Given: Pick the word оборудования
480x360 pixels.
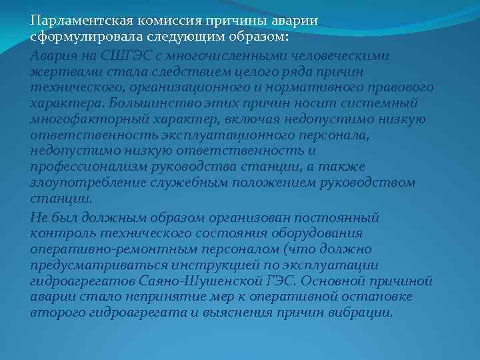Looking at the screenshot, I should (x=321, y=233).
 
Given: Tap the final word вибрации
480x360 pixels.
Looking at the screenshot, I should (x=361, y=312).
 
